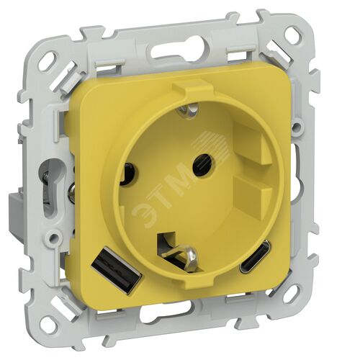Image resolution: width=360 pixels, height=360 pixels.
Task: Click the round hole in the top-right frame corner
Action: pos(294,32)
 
